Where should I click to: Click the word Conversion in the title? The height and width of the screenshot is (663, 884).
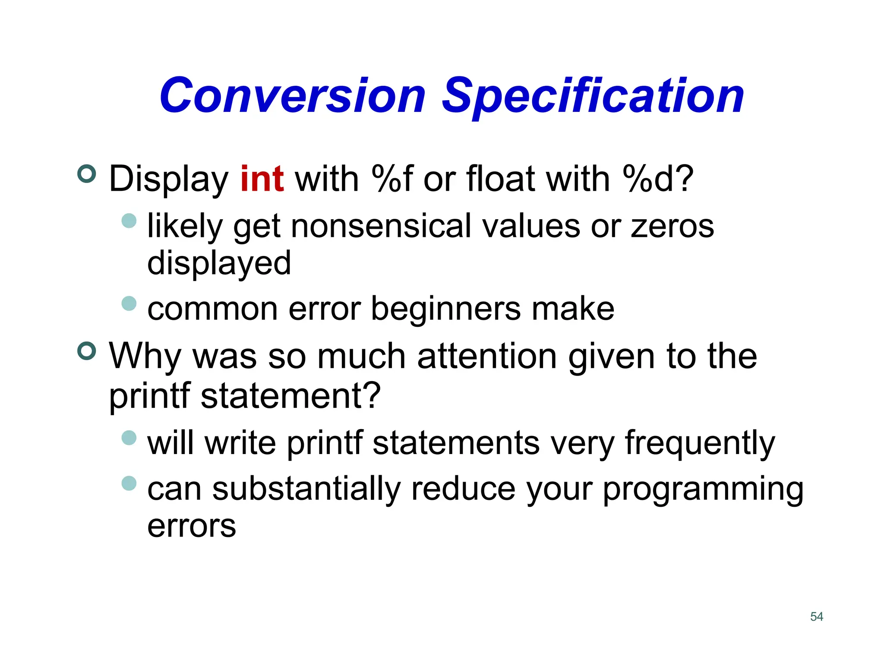pos(293,96)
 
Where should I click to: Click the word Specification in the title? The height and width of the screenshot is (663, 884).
pos(593,96)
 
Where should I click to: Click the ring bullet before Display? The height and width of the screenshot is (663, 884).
pos(87,174)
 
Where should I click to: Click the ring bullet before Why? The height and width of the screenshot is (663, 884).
pos(87,351)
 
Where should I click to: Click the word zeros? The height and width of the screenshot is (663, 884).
pos(672,226)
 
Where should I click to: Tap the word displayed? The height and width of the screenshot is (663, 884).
pos(219,263)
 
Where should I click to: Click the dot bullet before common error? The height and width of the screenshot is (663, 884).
pos(129,303)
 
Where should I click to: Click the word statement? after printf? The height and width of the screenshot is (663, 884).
pos(290,396)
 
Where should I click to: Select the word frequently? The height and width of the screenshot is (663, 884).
pos(700,443)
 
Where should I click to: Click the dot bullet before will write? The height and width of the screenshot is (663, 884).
pos(129,438)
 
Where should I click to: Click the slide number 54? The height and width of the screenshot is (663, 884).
pos(817,616)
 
